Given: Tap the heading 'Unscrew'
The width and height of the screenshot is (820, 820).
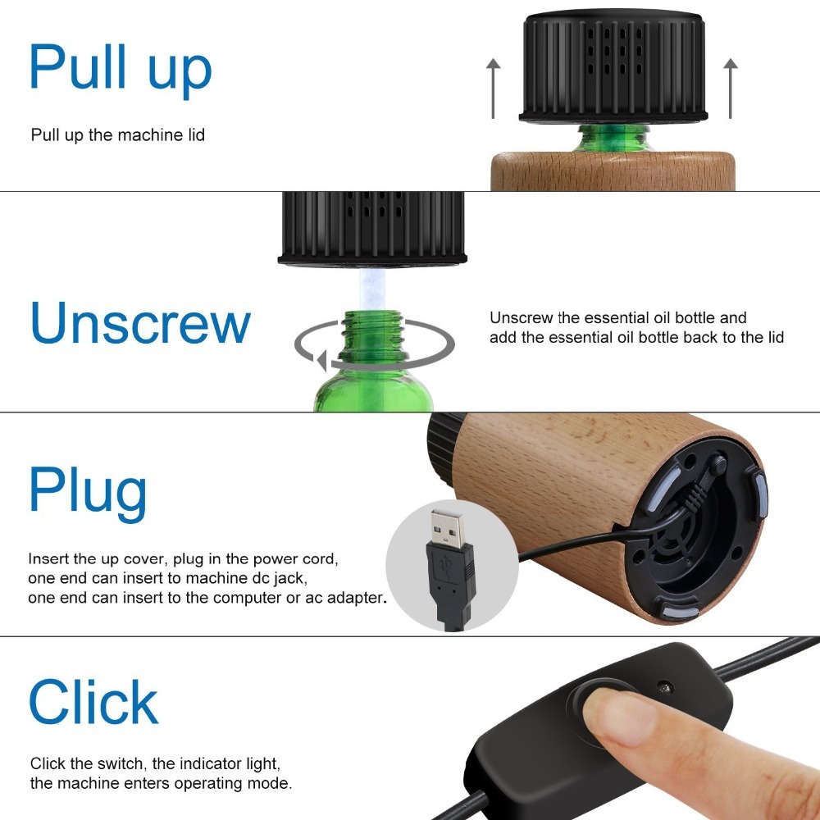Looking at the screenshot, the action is click(140, 322).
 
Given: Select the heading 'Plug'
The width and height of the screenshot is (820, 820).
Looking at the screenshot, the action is click(88, 493).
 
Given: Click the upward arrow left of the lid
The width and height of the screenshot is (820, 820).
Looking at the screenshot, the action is click(493, 89).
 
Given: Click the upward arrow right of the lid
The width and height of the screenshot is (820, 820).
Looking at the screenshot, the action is click(731, 89).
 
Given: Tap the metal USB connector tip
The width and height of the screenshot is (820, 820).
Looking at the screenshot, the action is click(447, 528).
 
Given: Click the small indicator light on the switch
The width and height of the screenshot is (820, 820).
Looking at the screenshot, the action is click(665, 687).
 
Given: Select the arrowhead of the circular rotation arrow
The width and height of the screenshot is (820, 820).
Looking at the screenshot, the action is click(321, 360).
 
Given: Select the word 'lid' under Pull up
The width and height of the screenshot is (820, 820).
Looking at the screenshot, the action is click(197, 135).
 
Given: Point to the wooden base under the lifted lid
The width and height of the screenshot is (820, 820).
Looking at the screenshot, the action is click(613, 171).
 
